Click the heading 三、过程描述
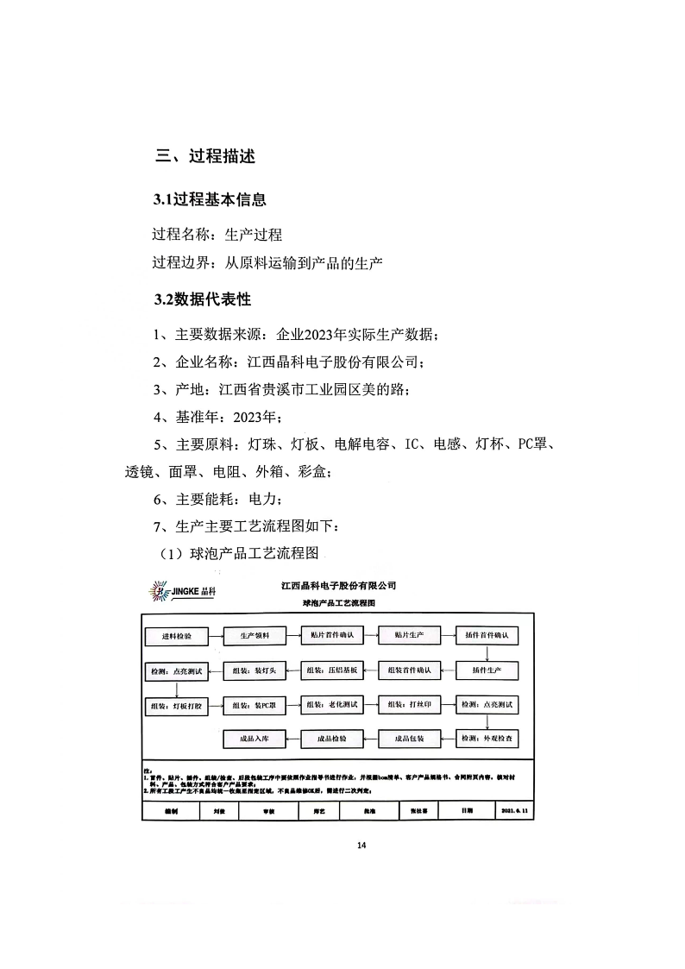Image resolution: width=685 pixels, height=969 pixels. point(204,157)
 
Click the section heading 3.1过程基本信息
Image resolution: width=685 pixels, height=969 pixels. point(210,200)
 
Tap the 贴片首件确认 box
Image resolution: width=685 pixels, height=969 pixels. point(333,636)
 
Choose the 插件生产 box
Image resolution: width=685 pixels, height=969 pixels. point(488,670)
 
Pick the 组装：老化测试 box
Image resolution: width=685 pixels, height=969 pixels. point(330,705)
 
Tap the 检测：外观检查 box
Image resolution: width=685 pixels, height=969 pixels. point(488,739)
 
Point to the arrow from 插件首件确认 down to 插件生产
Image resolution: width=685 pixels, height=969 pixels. point(488,653)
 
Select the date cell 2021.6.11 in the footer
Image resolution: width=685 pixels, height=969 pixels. point(517,812)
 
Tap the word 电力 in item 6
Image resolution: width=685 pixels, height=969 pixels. point(263,499)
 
